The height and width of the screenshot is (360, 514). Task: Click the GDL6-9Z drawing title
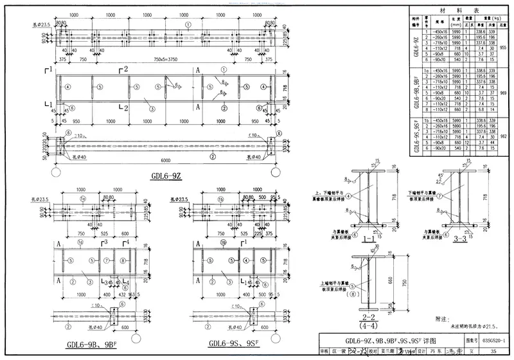point(166,175)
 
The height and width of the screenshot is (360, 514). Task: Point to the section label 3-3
point(460,239)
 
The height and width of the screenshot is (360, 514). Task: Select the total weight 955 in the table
point(503,48)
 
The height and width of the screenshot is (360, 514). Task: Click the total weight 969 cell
point(503,93)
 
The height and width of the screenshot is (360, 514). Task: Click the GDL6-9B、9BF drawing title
point(96,346)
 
